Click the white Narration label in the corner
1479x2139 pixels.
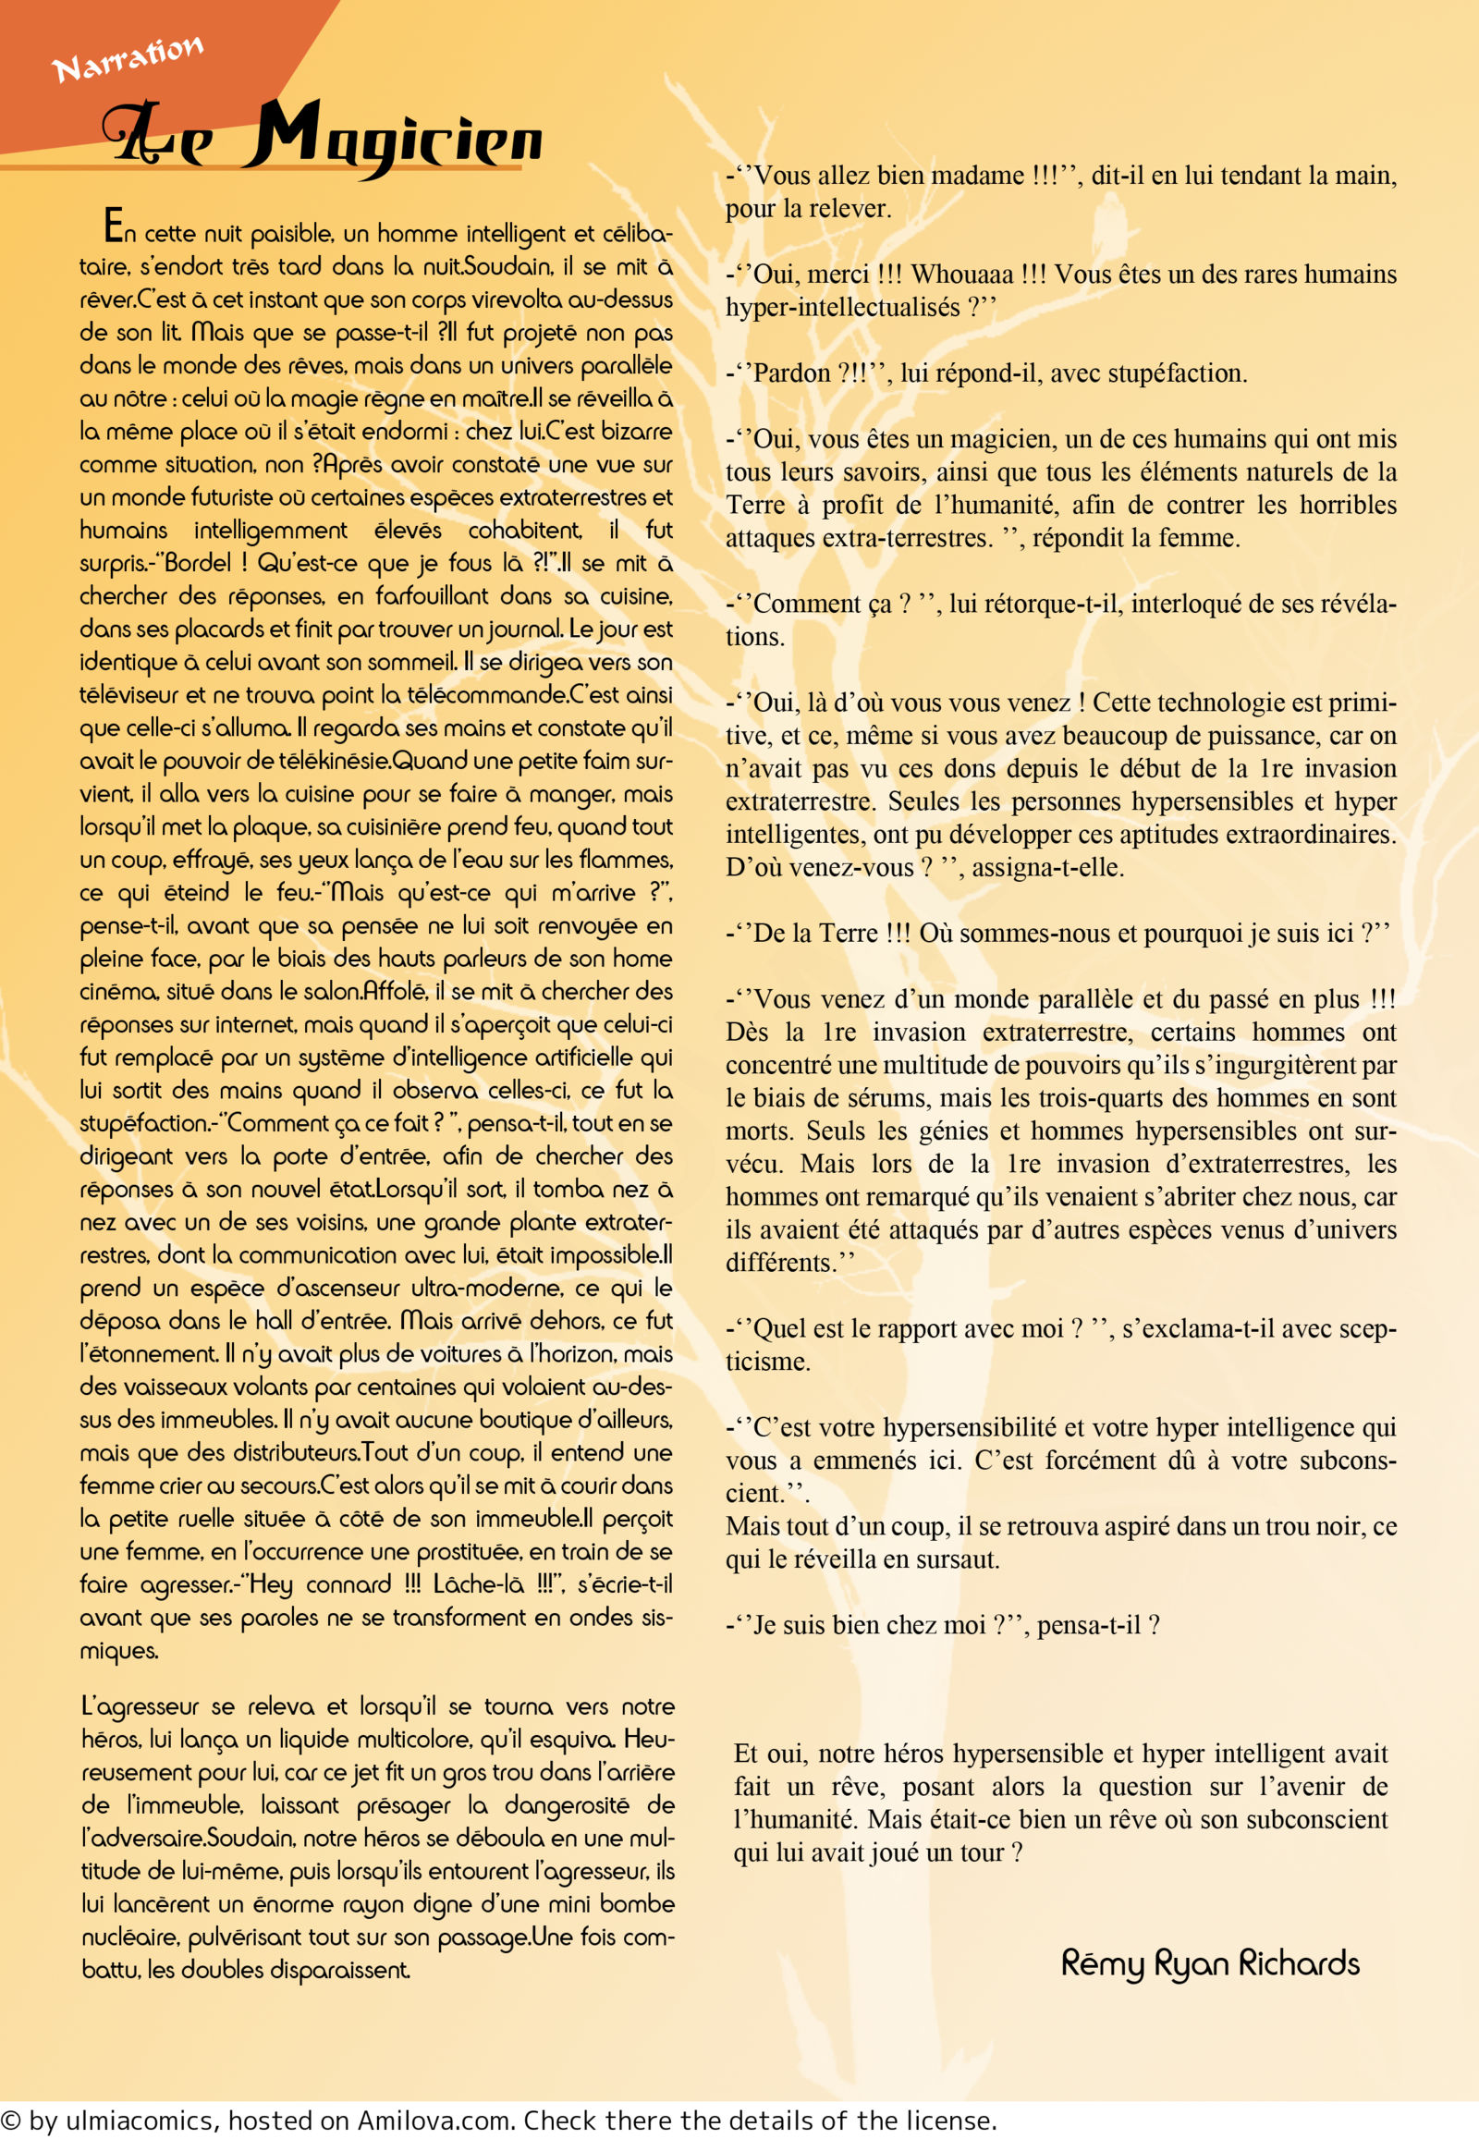(x=127, y=58)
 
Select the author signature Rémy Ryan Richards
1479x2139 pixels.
(x=1209, y=1964)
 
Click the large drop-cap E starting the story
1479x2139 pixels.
(x=113, y=226)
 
